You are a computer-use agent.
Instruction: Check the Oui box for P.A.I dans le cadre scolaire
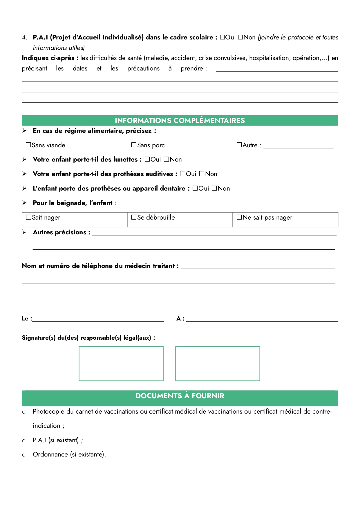point(222,37)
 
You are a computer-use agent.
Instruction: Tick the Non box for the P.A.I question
point(240,37)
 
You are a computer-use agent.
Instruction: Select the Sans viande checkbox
point(28,145)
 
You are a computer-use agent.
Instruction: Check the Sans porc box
point(134,145)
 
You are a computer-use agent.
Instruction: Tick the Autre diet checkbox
point(239,145)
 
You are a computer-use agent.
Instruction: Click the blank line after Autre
point(298,146)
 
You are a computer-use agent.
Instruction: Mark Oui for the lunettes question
point(147,159)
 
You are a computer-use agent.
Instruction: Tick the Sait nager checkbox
point(28,217)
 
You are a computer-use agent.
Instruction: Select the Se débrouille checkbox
point(134,217)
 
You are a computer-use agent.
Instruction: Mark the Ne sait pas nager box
point(239,217)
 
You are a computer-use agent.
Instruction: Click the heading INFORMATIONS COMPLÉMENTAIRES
point(180,120)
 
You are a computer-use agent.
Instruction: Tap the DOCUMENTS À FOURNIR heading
point(180,396)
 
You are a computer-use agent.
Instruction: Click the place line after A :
point(262,319)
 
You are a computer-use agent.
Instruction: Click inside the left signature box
point(121,363)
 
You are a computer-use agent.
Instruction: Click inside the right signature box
point(218,363)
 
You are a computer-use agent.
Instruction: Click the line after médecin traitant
point(258,267)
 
